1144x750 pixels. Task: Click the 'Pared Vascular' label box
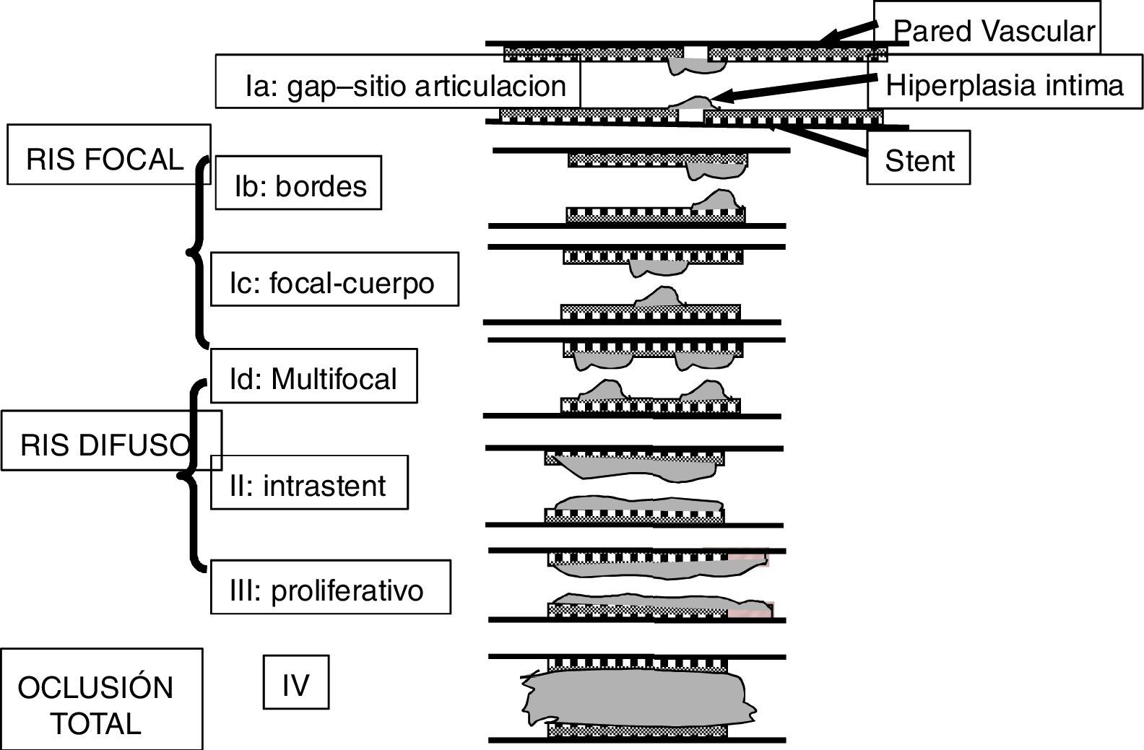click(x=987, y=29)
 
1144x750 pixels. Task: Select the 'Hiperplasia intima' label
click(x=1005, y=85)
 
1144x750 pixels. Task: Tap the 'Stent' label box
click(x=919, y=160)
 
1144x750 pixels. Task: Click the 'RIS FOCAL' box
click(x=108, y=154)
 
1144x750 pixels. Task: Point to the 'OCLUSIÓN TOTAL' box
click(x=101, y=699)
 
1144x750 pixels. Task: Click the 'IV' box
click(x=295, y=682)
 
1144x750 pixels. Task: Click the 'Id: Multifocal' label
click(x=313, y=376)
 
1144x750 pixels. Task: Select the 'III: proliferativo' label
click(x=330, y=588)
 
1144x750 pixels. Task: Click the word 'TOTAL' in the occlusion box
click(x=95, y=723)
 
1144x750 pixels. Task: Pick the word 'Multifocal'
click(x=334, y=378)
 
